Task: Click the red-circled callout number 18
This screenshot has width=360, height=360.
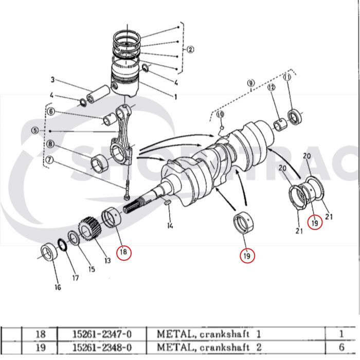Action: (123, 252)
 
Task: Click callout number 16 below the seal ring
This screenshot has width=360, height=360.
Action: (57, 287)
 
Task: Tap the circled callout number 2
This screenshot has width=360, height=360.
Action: (190, 50)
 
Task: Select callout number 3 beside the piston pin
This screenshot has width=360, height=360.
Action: (52, 80)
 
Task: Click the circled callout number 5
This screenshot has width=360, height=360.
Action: (35, 131)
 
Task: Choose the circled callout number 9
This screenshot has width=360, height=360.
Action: (251, 83)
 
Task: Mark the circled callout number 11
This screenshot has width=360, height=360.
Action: (287, 77)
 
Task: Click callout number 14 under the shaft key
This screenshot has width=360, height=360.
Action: (170, 225)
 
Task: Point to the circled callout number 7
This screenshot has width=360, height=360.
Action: (50, 159)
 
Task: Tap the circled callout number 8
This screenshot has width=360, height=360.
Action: (50, 145)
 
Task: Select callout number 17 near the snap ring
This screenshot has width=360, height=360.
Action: (76, 278)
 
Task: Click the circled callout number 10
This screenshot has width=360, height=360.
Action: (220, 114)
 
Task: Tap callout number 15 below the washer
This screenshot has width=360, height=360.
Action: (92, 269)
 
